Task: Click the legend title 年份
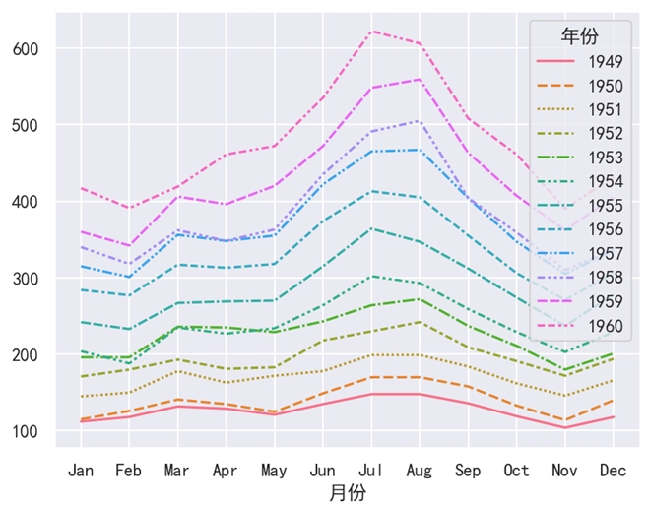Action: (579, 36)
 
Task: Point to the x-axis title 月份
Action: (348, 492)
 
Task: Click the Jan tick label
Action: (81, 471)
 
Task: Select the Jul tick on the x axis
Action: (372, 471)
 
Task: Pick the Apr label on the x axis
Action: (227, 471)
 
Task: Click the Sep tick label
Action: (469, 471)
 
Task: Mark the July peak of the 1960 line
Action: (372, 32)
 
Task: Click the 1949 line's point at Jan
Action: (81, 421)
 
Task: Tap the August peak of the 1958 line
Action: (421, 121)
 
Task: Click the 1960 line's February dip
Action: (129, 208)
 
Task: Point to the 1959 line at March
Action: (177, 197)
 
